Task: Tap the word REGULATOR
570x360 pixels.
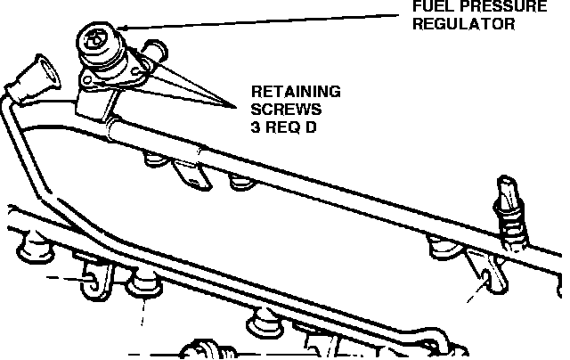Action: tap(462, 24)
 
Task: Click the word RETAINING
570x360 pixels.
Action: tap(291, 91)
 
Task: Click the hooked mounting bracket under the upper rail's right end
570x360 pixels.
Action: tap(487, 274)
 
